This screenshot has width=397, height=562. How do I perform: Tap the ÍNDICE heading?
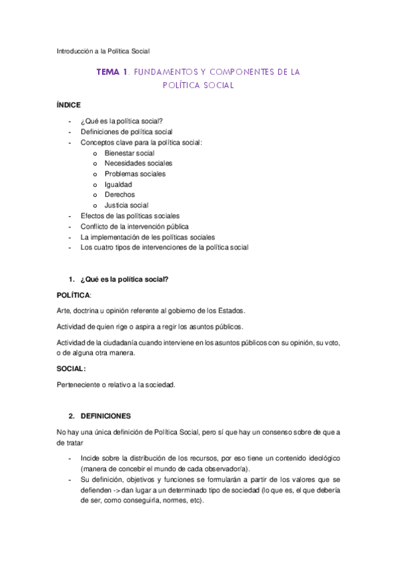[x=69, y=105]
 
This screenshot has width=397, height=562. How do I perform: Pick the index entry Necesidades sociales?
[x=138, y=163]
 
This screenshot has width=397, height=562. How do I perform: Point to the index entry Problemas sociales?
[x=135, y=174]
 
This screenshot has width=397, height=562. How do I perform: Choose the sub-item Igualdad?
[x=118, y=184]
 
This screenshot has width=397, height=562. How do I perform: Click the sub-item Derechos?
[x=119, y=195]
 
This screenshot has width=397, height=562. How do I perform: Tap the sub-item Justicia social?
[x=126, y=205]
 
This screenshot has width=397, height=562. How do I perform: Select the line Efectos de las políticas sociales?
[x=130, y=215]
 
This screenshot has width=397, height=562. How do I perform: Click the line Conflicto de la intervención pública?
[x=134, y=226]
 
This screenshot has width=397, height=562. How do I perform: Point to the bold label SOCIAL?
[x=72, y=368]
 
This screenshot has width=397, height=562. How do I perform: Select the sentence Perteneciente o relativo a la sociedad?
[x=116, y=384]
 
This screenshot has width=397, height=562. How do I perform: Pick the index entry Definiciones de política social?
[x=127, y=132]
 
